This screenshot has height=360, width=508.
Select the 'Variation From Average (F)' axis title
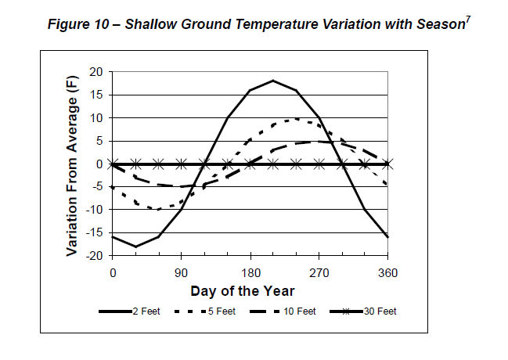[72, 163]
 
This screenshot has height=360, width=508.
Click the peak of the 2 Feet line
[273, 81]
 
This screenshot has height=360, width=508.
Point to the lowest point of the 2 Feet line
[135, 247]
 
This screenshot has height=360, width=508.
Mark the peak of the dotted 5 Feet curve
[296, 118]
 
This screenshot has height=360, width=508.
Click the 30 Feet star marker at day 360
[388, 164]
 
